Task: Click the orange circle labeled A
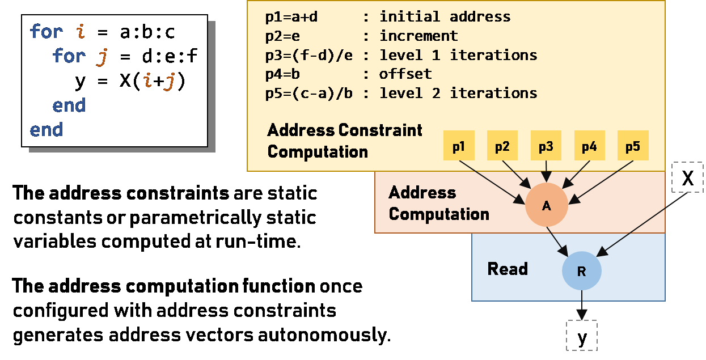[547, 205]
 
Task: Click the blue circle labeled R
[581, 271]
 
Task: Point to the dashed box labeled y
[582, 336]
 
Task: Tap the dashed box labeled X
[688, 177]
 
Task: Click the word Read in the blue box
[508, 269]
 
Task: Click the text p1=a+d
[291, 17]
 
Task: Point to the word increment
[418, 36]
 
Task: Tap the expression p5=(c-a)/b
[308, 93]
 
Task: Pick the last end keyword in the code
[46, 129]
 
